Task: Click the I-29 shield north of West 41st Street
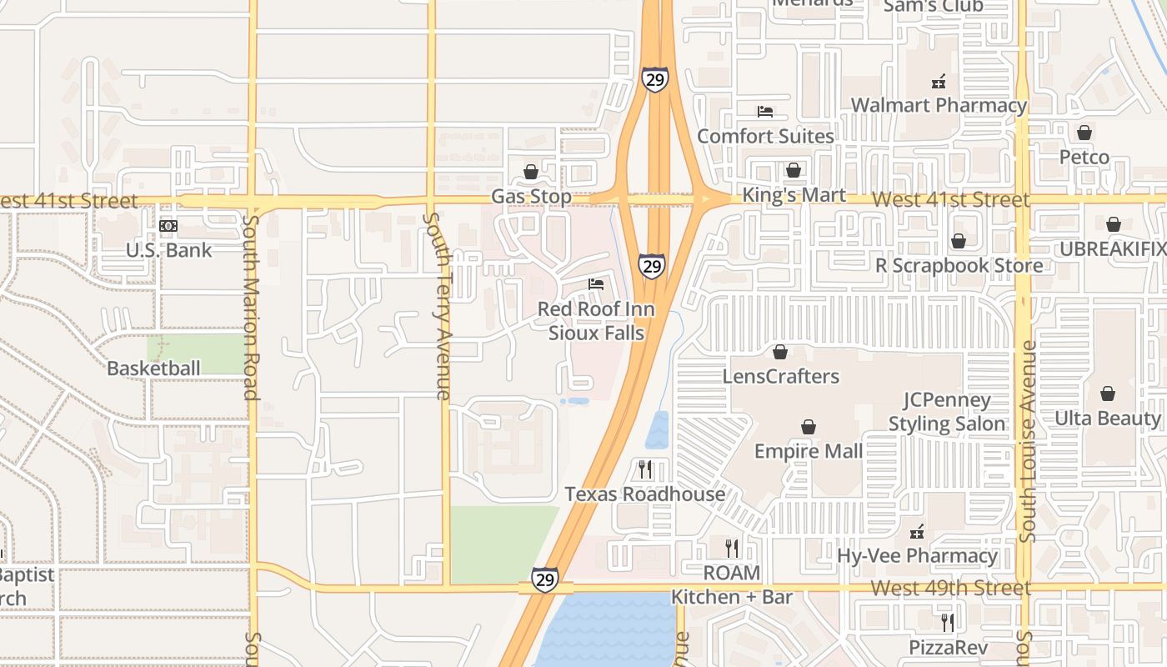655,79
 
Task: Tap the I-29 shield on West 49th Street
544,579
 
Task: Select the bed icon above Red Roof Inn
596,284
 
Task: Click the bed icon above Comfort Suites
765,112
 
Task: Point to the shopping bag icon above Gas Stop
531,172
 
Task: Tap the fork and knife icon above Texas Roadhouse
644,469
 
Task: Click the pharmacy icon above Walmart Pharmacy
939,82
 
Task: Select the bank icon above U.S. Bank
168,226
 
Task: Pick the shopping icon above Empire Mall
808,427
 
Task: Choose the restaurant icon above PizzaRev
947,622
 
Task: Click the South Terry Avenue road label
438,306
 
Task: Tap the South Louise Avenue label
1028,441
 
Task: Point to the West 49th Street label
950,588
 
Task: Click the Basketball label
153,369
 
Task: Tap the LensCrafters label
781,376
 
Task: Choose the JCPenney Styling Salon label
947,412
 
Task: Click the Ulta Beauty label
1108,418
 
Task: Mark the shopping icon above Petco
1084,133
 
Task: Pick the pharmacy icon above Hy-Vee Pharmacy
917,531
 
